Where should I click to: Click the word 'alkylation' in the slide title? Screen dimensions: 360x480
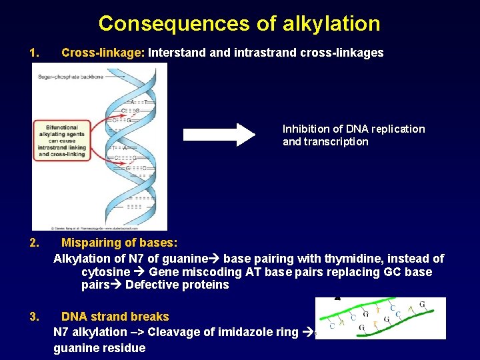point(331,24)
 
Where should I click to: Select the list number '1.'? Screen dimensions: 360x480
point(35,53)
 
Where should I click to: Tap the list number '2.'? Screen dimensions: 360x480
point(35,243)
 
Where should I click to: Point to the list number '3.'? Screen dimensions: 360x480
point(35,317)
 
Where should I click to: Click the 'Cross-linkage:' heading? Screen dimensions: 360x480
point(103,53)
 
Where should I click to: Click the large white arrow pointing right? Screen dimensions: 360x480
point(219,135)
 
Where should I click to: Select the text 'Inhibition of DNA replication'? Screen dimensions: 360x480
point(353,129)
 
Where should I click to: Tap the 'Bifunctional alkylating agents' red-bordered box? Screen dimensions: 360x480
point(62,141)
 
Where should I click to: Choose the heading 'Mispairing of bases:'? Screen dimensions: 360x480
point(119,243)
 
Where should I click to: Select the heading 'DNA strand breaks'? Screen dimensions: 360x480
point(115,317)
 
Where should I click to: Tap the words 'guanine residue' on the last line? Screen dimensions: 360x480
point(99,348)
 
